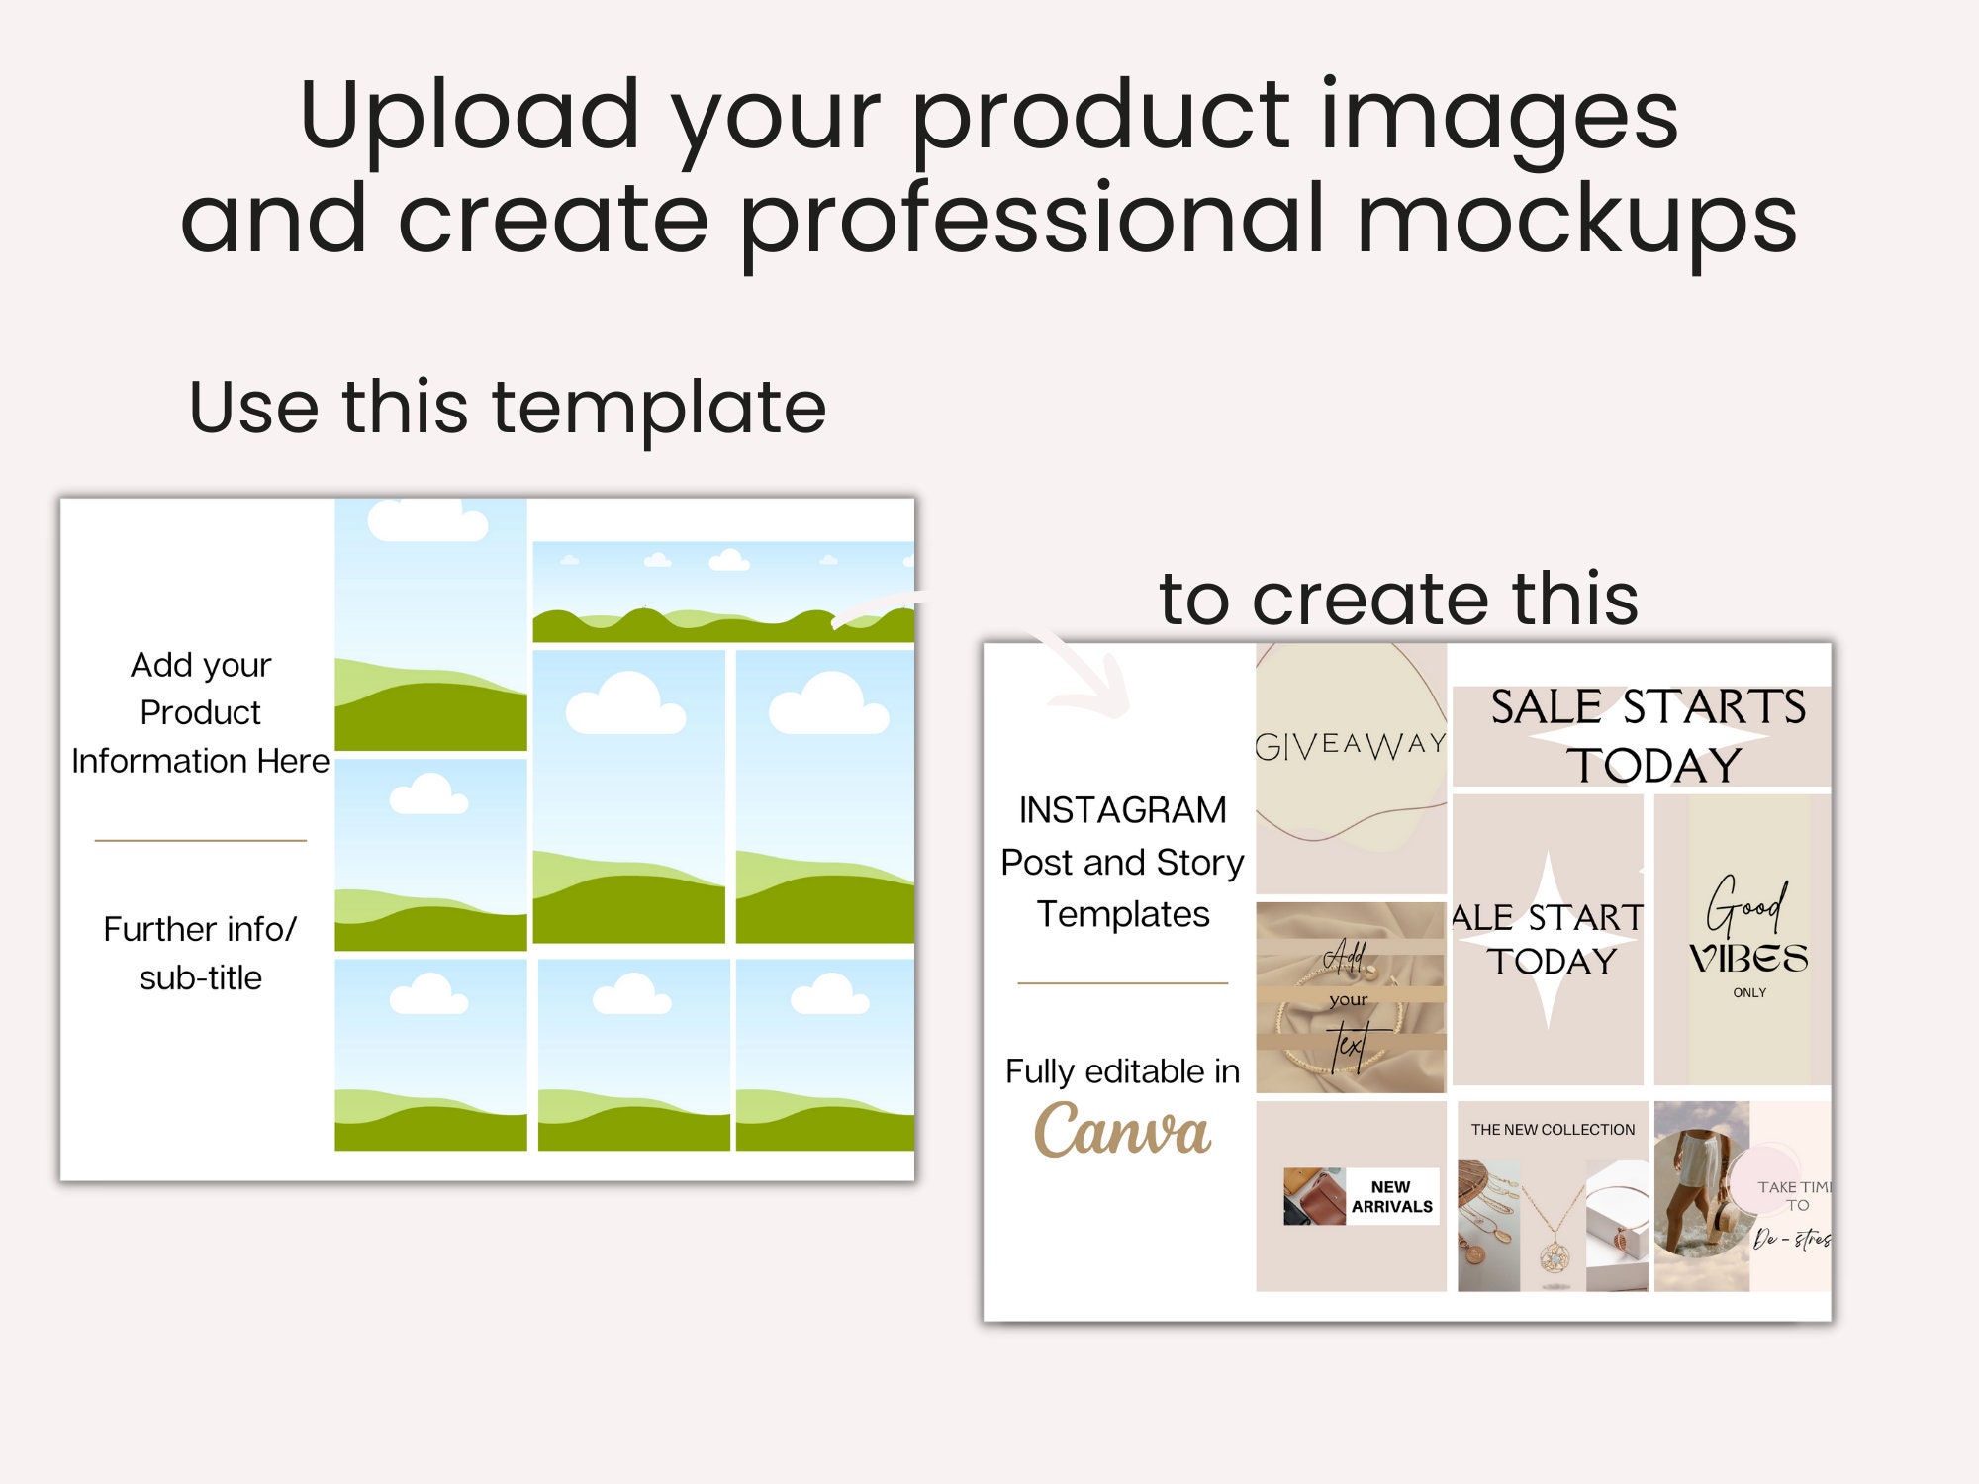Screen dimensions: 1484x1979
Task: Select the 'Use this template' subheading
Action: click(x=507, y=407)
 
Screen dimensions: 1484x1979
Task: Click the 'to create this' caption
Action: click(x=1398, y=599)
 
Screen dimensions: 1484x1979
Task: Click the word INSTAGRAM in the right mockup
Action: click(x=1122, y=810)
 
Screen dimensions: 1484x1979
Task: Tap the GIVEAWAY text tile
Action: click(x=1351, y=744)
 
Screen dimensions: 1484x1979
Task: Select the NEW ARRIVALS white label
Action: click(x=1391, y=1197)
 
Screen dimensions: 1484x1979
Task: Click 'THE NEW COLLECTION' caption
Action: click(x=1553, y=1130)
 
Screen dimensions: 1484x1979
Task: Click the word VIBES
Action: click(x=1747, y=959)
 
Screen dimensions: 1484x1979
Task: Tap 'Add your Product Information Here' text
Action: click(x=201, y=712)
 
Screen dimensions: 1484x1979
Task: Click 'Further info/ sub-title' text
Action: click(x=201, y=953)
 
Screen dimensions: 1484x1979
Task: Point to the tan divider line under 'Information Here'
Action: click(x=201, y=841)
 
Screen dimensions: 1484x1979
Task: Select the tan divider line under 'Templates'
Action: click(x=1122, y=983)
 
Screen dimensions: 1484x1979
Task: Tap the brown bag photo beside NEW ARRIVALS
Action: click(x=1314, y=1197)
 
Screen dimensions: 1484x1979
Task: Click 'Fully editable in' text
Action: click(x=1122, y=1071)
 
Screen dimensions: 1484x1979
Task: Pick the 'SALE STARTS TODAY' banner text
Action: click(x=1648, y=736)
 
